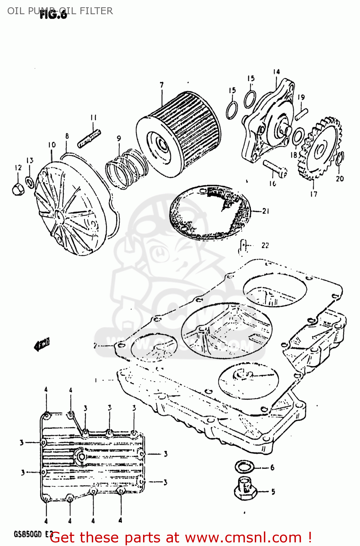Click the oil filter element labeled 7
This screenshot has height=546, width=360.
(x=178, y=135)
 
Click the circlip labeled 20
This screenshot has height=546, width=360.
(x=339, y=158)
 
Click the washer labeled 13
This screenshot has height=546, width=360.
(x=30, y=182)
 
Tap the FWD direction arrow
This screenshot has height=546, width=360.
(x=42, y=344)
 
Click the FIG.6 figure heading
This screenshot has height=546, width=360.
(x=54, y=15)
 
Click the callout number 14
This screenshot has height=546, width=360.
(x=276, y=72)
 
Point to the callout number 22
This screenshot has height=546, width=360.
(x=265, y=246)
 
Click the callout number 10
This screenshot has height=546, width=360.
(x=52, y=145)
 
